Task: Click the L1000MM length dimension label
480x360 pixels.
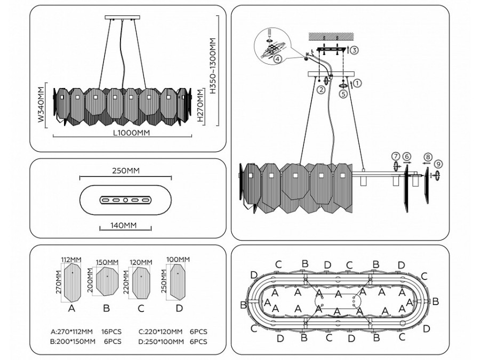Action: click(x=131, y=132)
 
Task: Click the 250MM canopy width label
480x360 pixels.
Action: click(x=126, y=171)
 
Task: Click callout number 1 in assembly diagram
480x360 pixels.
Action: click(x=358, y=83)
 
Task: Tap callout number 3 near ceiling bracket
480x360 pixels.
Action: click(x=355, y=50)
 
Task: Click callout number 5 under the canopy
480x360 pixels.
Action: click(x=343, y=93)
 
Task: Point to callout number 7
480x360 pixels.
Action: click(x=395, y=156)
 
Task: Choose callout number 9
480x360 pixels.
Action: click(x=438, y=164)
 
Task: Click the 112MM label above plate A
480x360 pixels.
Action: click(x=71, y=260)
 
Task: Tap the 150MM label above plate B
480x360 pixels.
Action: click(x=107, y=262)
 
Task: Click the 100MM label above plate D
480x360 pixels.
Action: click(x=178, y=260)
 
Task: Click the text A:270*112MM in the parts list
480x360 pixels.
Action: click(x=71, y=331)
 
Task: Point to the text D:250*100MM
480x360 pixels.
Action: click(x=160, y=342)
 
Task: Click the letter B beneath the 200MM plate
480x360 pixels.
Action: click(x=106, y=308)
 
